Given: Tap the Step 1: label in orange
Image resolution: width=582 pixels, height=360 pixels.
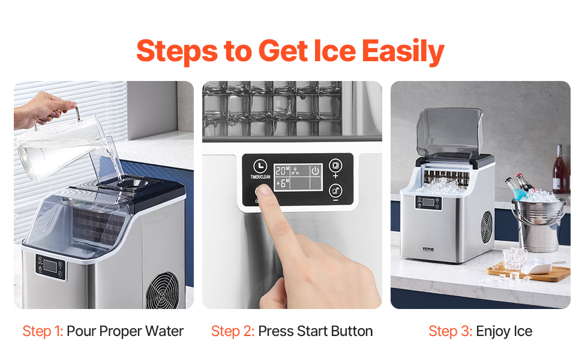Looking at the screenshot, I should (43, 331).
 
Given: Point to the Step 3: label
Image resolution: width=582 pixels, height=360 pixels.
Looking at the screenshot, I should (451, 331).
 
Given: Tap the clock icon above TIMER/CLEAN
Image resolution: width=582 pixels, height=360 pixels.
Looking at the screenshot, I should (260, 166).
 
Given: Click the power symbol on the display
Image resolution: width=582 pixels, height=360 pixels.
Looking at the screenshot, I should (314, 171).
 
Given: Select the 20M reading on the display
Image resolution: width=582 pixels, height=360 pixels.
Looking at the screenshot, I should (283, 170).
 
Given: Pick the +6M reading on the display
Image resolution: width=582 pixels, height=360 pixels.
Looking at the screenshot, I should (283, 183).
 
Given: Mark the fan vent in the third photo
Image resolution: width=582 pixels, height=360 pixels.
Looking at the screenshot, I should (485, 227).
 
